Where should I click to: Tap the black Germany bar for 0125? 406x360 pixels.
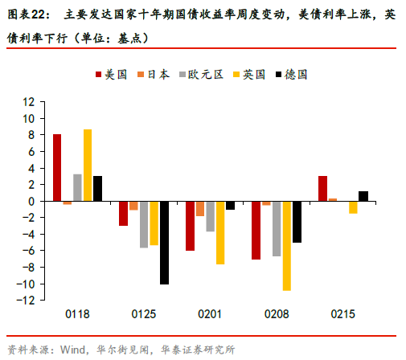pos(164,242)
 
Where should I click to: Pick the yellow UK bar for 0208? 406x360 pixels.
pos(286,245)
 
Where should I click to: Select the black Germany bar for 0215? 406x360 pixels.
pos(363,195)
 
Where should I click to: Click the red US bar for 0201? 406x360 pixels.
pos(190,226)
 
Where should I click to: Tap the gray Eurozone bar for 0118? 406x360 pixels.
pos(77,187)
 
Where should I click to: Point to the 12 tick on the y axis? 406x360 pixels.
pos(30,102)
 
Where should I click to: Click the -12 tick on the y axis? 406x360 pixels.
pos(27,300)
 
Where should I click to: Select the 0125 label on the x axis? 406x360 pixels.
pos(144,315)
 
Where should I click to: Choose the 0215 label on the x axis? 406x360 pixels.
pos(342,315)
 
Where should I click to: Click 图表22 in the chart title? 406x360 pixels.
pos(29,14)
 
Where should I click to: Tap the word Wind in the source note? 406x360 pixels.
pos(72,349)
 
